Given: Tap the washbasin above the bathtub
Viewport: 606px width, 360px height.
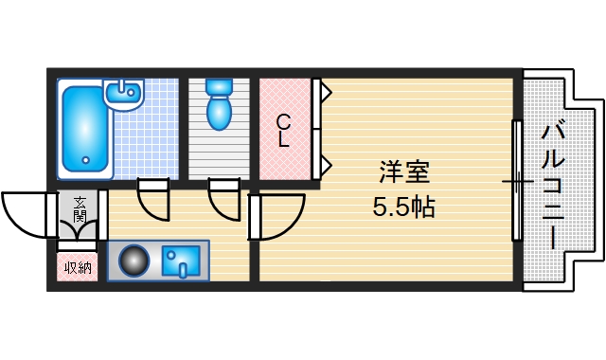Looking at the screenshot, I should (124, 95).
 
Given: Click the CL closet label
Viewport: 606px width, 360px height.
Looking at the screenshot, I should (283, 131).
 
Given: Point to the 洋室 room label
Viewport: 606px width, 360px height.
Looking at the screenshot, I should (404, 172).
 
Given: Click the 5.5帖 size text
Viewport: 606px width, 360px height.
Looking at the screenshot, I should (404, 207).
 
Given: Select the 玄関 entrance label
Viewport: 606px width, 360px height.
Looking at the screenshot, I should (78, 207).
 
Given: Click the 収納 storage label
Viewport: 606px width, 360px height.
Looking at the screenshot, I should (78, 267).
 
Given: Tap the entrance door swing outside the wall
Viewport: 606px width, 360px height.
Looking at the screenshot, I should (24, 212).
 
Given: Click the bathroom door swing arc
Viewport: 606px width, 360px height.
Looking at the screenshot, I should (153, 197).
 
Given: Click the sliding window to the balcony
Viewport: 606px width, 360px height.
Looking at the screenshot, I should (516, 180).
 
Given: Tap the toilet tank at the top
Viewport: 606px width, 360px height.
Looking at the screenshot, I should (219, 87).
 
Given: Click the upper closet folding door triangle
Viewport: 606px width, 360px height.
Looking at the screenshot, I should (325, 93).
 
